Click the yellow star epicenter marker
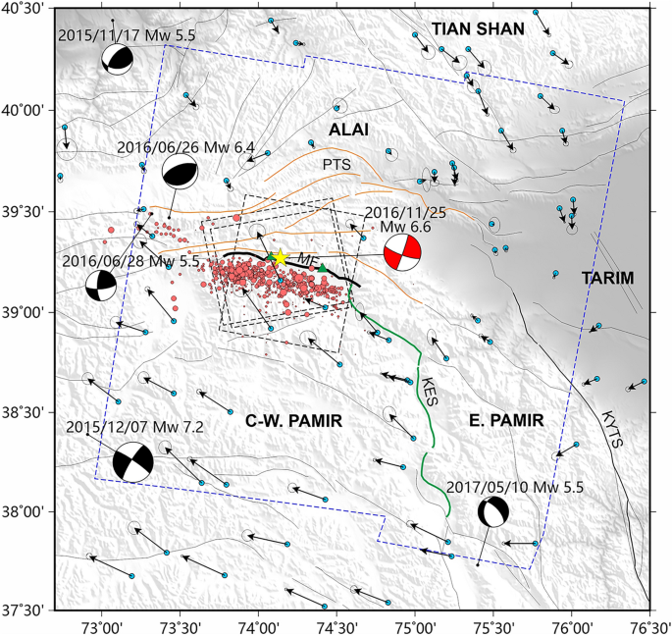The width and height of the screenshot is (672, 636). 280,257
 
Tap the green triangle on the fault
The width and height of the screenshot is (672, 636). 322,268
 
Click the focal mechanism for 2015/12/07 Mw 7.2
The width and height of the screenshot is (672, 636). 133,462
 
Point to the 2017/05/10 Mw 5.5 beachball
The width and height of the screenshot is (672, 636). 493,512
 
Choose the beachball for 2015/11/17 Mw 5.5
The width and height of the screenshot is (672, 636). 117,60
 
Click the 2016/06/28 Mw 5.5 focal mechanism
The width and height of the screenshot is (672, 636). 100,287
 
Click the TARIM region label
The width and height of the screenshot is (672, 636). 609,279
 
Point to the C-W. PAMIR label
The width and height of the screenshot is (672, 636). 293,421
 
